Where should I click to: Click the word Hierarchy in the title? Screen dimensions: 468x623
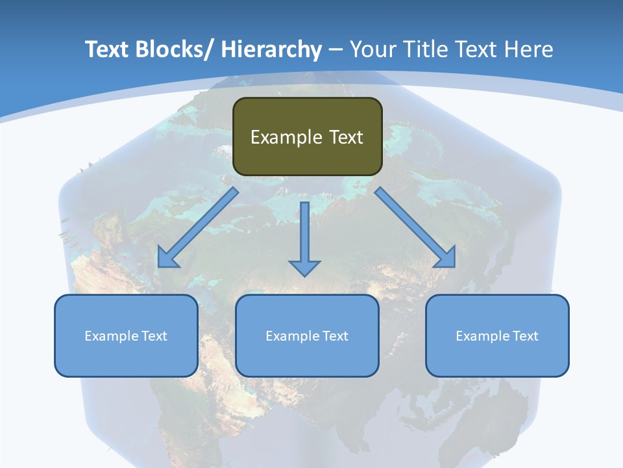[x=271, y=49]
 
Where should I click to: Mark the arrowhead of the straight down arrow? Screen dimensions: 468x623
[x=304, y=267]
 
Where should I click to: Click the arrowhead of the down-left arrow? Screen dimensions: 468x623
[x=168, y=259]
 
